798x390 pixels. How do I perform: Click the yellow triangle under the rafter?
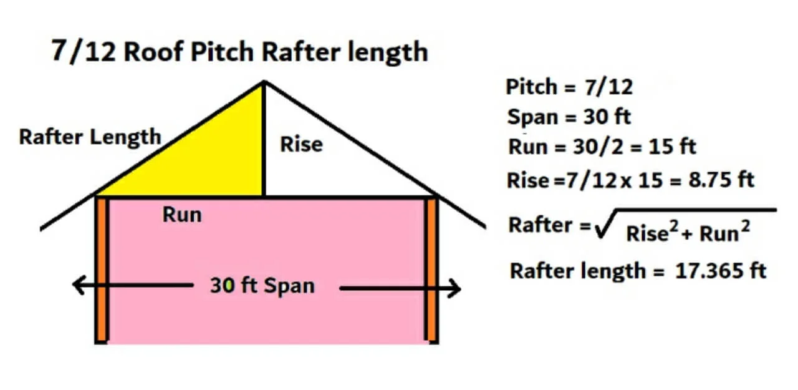click(x=212, y=162)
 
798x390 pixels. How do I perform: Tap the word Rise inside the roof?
click(x=301, y=144)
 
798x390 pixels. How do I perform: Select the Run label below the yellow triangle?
click(x=182, y=214)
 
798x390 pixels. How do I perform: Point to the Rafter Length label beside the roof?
click(x=90, y=137)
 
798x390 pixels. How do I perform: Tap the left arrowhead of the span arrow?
click(x=78, y=286)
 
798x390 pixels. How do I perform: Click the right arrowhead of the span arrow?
click(x=454, y=288)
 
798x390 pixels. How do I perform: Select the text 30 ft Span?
click(x=262, y=286)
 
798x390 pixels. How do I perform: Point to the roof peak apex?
click(x=264, y=82)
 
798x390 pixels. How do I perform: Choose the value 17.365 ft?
click(x=721, y=271)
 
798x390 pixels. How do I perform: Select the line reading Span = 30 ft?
click(x=570, y=117)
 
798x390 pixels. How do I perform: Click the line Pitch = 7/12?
click(x=569, y=87)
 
